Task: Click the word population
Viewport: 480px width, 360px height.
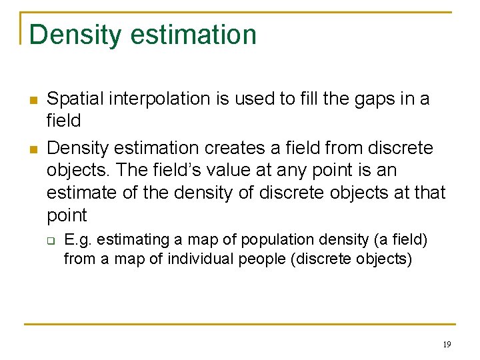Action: pos(271,240)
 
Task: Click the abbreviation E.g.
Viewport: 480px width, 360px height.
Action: pos(77,240)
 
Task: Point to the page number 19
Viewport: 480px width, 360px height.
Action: pos(447,345)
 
